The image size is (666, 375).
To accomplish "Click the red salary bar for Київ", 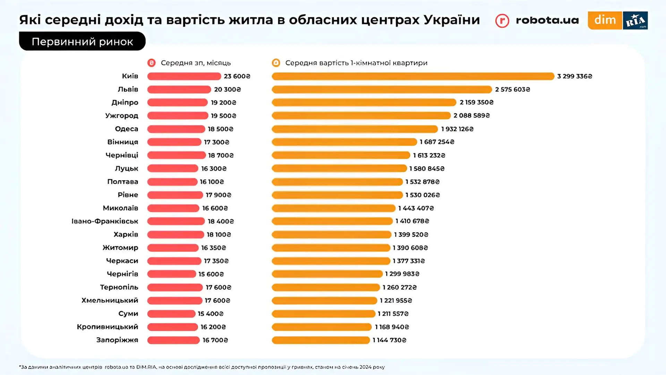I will [x=184, y=76].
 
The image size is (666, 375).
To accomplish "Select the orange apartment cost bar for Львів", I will [x=382, y=89].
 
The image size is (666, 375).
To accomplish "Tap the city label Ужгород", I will [x=122, y=116].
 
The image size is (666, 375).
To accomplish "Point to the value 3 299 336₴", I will [x=574, y=76].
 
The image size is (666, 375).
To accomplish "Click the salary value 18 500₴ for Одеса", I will [x=221, y=129].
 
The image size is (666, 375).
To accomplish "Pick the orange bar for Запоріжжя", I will [x=321, y=340].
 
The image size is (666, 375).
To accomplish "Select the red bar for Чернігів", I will [x=172, y=274].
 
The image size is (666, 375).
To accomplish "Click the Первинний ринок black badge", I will [x=82, y=42].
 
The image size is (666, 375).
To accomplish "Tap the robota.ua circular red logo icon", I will [x=502, y=21].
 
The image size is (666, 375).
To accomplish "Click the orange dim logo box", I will [x=605, y=20].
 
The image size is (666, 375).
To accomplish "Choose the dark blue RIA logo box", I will [x=635, y=20].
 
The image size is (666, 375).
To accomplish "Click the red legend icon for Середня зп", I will [x=151, y=63].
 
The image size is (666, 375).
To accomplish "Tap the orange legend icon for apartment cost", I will [x=276, y=63].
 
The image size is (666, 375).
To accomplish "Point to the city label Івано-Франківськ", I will [x=105, y=221].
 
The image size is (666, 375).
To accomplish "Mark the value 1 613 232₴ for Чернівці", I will [x=429, y=155].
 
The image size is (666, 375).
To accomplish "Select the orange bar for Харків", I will [x=332, y=235].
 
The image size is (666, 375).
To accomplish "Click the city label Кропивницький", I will [x=108, y=327].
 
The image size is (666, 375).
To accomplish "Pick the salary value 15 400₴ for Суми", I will [x=211, y=314].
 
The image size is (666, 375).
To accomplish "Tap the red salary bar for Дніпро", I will [x=177, y=103].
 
